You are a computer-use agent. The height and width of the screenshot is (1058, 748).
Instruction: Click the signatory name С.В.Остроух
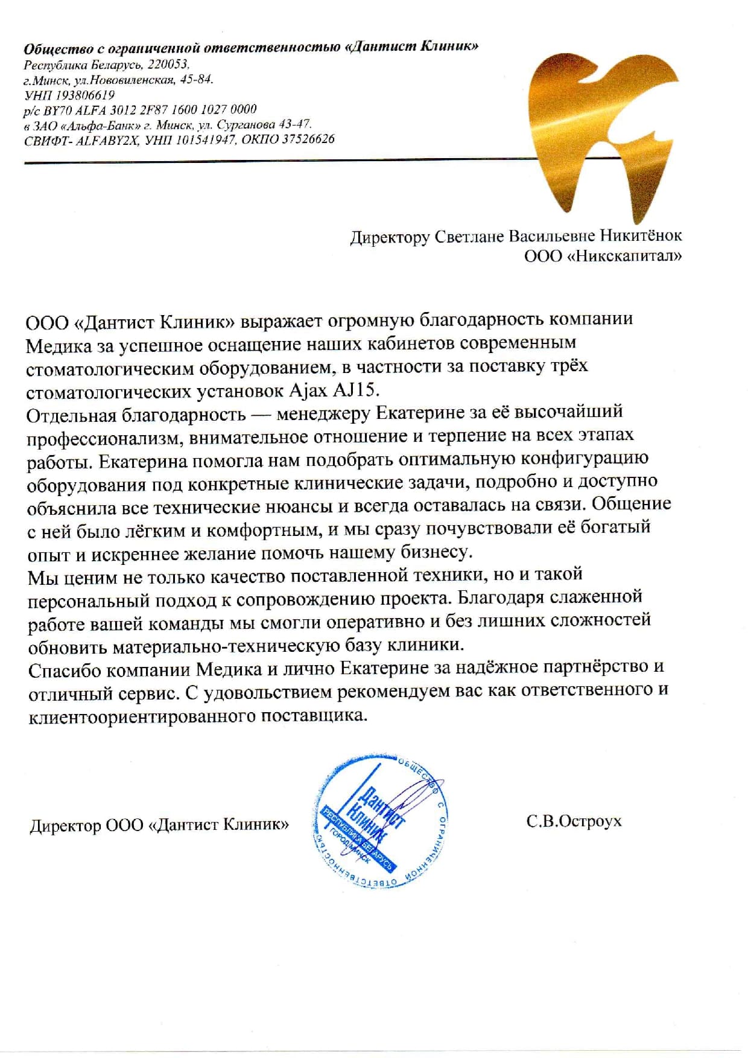[573, 821]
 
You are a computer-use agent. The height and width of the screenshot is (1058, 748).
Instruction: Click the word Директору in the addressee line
[388, 237]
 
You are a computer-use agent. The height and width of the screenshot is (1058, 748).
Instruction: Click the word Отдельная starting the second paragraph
[71, 415]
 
